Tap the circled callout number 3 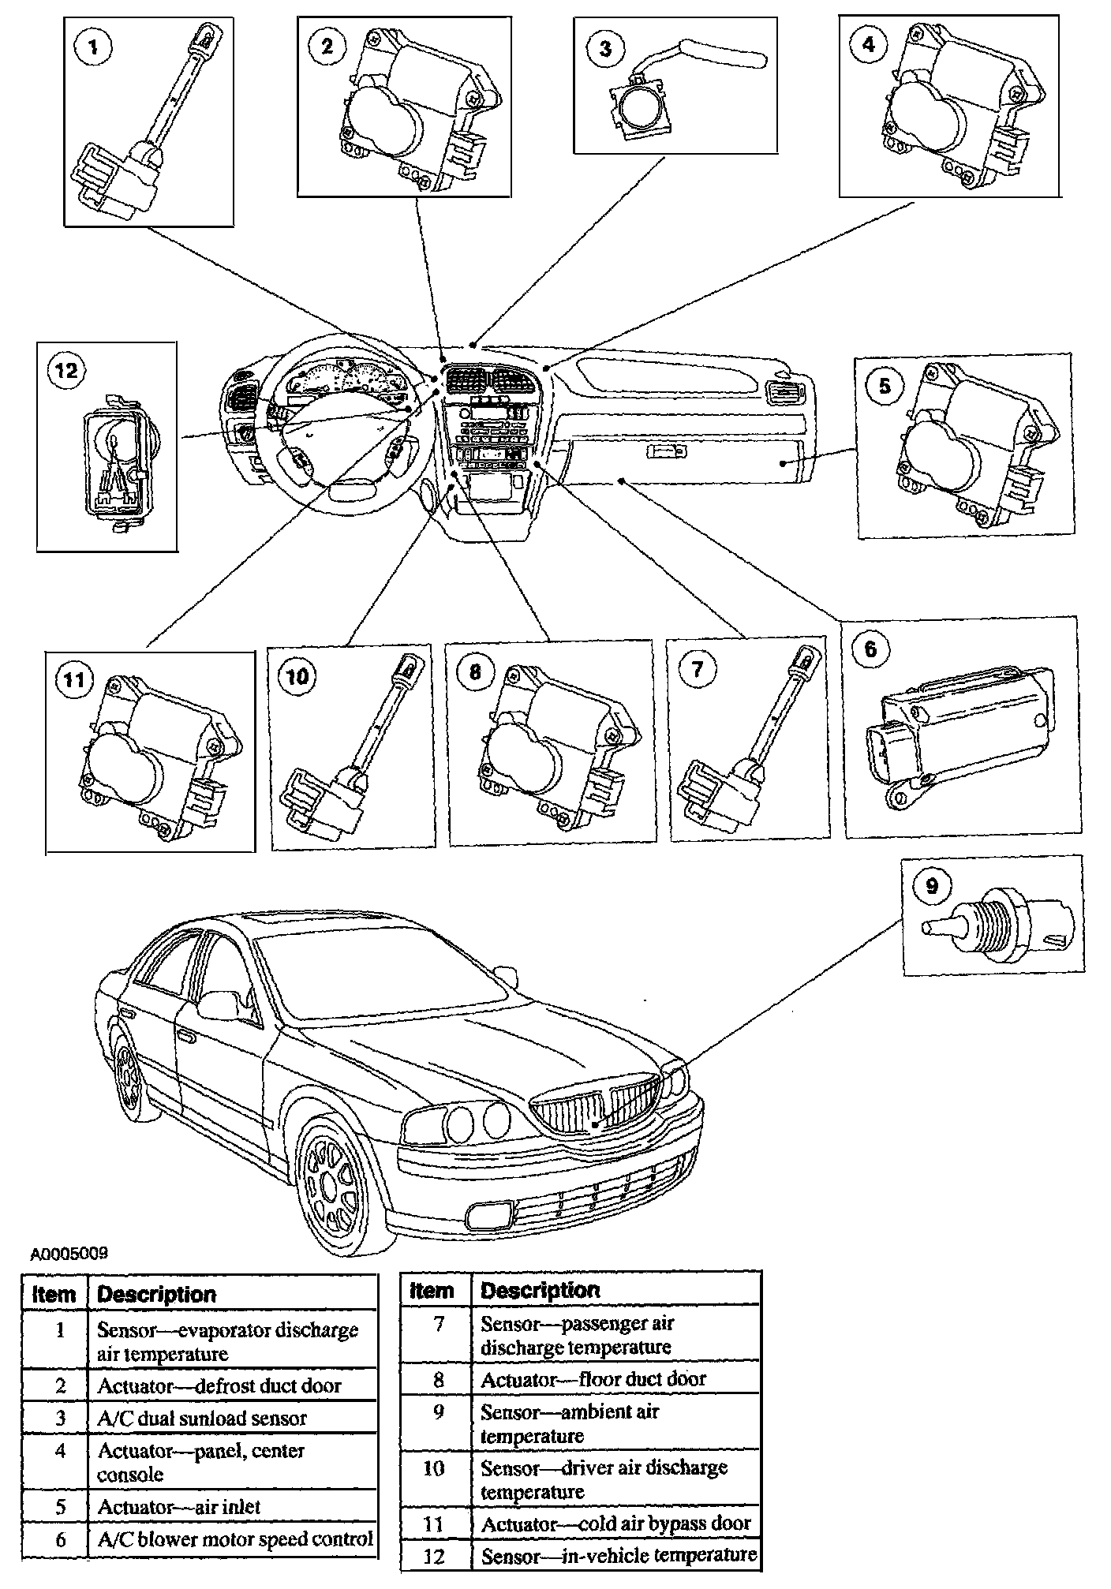pos(605,48)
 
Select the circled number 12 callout pos(66,369)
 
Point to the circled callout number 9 pos(932,885)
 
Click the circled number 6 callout pos(870,649)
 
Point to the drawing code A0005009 pos(69,1253)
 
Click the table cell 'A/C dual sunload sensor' pos(202,1418)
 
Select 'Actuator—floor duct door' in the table pos(593,1379)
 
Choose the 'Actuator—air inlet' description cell pos(179,1506)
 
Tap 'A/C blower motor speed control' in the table pos(235,1539)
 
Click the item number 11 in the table pos(434,1524)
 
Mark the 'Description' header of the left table pos(156,1295)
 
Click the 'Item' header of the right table pos(432,1291)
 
